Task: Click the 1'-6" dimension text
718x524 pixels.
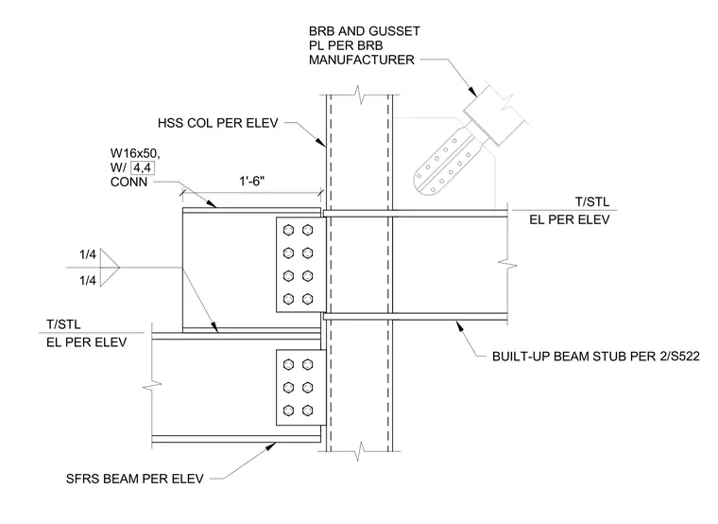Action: point(252,181)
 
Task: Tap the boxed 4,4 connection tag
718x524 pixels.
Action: point(143,167)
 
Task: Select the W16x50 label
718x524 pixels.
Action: point(135,153)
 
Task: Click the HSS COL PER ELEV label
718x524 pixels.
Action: point(218,123)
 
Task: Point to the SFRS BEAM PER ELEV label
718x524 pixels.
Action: point(134,480)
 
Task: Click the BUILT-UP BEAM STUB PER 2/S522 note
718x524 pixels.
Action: point(596,357)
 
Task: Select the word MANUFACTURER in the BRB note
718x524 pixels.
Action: point(361,60)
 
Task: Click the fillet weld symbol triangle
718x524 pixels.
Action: point(110,268)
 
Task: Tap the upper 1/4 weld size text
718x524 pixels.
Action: point(88,254)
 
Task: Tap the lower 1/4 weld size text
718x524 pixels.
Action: point(88,280)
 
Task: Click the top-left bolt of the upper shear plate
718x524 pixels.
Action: point(288,230)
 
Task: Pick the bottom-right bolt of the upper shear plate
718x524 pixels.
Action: point(308,300)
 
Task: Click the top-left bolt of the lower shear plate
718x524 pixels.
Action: point(288,365)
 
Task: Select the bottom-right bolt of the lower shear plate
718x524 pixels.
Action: point(308,410)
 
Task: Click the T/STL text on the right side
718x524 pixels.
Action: point(592,201)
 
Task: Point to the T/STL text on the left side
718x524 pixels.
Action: point(63,324)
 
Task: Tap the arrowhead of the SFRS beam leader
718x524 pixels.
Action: point(270,446)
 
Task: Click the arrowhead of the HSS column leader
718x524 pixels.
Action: point(321,142)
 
